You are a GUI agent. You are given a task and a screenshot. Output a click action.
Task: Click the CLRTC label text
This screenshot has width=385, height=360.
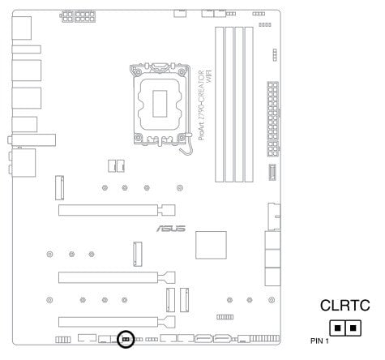click(x=344, y=306)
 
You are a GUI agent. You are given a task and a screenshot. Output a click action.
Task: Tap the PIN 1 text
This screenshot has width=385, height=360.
click(x=319, y=341)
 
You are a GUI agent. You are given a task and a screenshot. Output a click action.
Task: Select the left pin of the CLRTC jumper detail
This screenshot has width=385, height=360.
click(x=337, y=328)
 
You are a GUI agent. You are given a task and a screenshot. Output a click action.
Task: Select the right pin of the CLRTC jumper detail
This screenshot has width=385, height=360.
click(x=353, y=328)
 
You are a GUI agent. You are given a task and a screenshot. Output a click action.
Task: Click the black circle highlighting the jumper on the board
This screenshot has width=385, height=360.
click(x=126, y=332)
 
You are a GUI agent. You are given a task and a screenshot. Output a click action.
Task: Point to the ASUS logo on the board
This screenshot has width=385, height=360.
click(x=171, y=229)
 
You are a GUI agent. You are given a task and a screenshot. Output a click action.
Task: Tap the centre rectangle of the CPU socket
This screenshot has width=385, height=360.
click(x=160, y=104)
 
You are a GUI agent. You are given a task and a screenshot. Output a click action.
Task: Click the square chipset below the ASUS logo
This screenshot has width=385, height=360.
click(x=211, y=245)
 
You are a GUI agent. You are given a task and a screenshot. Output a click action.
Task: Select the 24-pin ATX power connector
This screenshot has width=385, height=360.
click(x=272, y=119)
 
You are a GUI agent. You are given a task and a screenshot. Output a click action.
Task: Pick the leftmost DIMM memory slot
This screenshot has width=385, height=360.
click(x=219, y=105)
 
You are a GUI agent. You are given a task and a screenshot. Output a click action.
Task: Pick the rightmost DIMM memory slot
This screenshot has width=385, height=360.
click(x=249, y=105)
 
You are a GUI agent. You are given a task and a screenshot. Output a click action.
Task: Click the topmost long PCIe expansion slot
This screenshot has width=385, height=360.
click(x=117, y=210)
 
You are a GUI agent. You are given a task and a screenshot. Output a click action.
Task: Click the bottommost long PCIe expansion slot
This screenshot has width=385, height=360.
click(x=117, y=322)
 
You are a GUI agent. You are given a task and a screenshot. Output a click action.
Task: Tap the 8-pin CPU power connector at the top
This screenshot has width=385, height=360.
click(x=85, y=16)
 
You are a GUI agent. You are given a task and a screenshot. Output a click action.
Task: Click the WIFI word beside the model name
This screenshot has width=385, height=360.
click(x=209, y=76)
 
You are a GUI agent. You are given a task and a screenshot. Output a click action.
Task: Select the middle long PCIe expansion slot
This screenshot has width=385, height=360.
click(x=117, y=277)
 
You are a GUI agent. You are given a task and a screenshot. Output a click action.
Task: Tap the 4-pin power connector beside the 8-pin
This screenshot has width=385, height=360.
click(x=66, y=16)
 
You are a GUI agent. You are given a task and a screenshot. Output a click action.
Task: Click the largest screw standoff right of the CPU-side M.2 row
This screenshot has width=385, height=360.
click(x=180, y=187)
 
